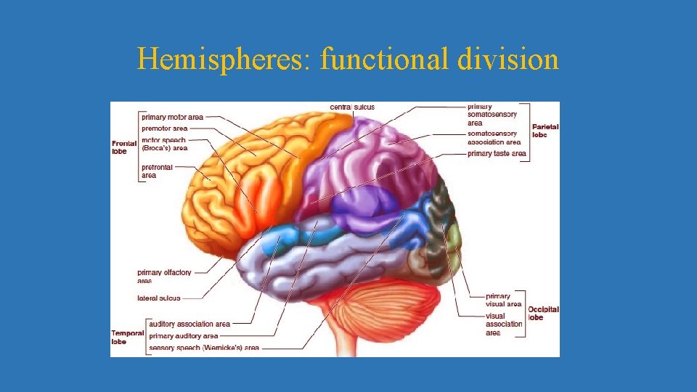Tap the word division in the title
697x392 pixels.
508,60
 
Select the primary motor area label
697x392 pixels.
173,117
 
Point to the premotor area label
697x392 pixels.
165,128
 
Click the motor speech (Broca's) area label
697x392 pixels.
164,144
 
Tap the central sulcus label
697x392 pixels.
352,107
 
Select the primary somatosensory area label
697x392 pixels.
492,115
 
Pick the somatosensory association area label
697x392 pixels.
494,138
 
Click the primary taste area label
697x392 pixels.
497,154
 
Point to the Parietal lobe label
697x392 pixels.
545,131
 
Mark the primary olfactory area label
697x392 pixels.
164,276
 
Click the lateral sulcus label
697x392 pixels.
159,298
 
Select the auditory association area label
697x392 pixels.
189,324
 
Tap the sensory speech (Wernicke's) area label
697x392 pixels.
204,348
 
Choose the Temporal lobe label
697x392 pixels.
126,337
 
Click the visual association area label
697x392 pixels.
505,324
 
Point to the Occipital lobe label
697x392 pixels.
543,313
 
